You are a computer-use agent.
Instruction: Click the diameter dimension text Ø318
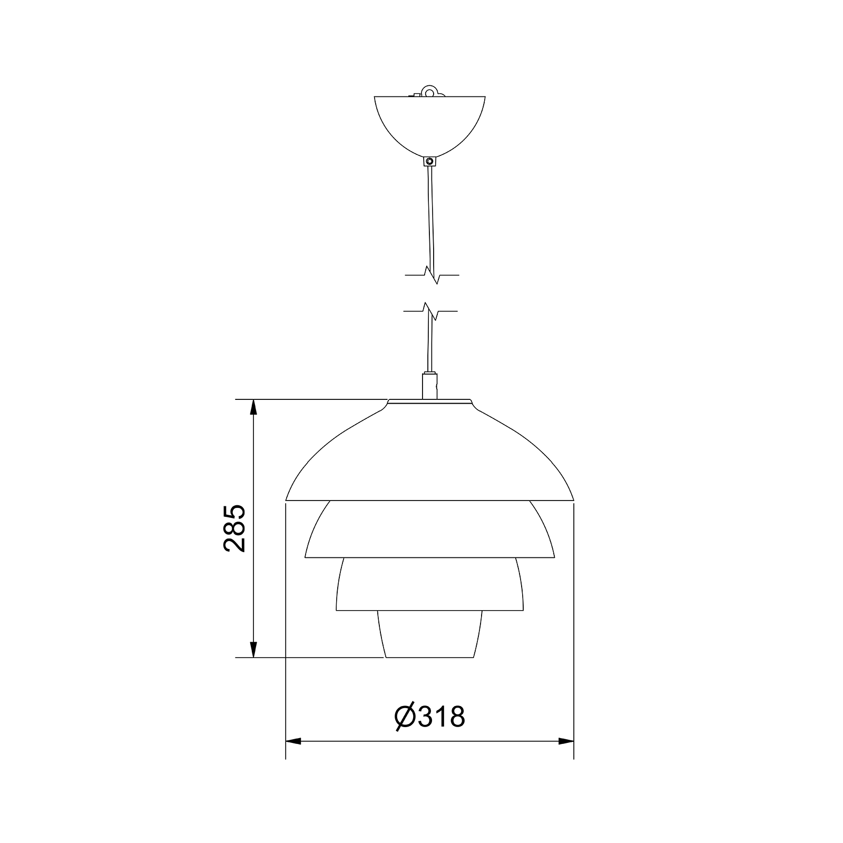point(430,717)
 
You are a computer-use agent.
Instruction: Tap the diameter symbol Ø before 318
point(406,717)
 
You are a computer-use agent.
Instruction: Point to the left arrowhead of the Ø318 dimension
point(293,741)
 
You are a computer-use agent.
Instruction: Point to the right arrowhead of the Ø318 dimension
point(566,741)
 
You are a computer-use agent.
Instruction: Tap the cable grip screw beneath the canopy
point(430,161)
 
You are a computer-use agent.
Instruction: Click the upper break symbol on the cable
point(432,275)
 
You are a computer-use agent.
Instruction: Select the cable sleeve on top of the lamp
point(429,386)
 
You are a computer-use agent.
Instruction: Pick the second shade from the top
point(429,530)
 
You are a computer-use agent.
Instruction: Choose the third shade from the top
point(429,585)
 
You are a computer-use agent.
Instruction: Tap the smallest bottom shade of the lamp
point(429,635)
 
